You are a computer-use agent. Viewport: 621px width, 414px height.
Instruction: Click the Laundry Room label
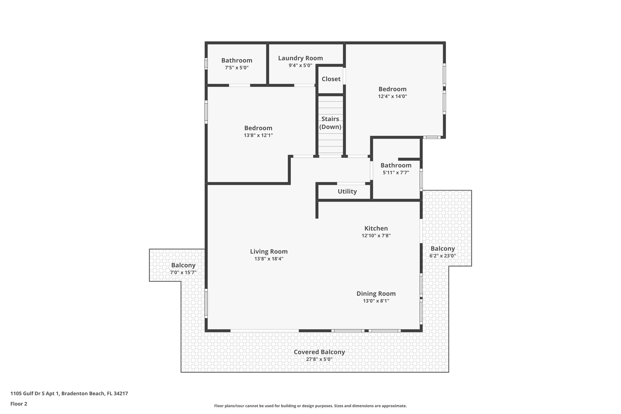[300, 58]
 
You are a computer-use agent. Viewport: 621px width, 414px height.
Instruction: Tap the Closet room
[331, 79]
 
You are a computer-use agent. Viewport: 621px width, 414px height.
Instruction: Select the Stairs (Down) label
[330, 123]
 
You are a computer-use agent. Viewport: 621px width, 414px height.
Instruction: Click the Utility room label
[347, 191]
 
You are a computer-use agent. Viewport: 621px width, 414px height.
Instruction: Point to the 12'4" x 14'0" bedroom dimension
[392, 96]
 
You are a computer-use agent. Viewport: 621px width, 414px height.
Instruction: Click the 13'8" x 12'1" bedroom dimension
[258, 135]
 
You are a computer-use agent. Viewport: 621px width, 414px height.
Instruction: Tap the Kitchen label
[376, 228]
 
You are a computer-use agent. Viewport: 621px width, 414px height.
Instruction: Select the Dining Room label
[376, 294]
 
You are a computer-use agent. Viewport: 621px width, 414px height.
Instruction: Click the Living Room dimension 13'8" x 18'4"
[269, 259]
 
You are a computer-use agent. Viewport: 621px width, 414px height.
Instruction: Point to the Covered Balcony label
[319, 352]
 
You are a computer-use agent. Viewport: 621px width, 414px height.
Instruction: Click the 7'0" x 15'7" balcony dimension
[183, 272]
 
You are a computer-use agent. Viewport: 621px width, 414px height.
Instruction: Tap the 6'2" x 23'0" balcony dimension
[442, 256]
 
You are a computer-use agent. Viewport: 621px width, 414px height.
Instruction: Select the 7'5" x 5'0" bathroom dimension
[237, 68]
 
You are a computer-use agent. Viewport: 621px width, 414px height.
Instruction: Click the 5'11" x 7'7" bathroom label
[396, 165]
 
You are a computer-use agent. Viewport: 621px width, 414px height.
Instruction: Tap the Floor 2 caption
[19, 404]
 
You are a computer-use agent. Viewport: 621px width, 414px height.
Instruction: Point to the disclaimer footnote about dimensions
[310, 406]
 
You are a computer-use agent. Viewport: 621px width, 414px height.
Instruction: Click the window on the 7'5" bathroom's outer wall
[206, 64]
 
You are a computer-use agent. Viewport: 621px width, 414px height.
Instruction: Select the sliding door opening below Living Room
[264, 330]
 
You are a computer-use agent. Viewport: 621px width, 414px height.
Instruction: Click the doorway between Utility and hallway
[351, 183]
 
